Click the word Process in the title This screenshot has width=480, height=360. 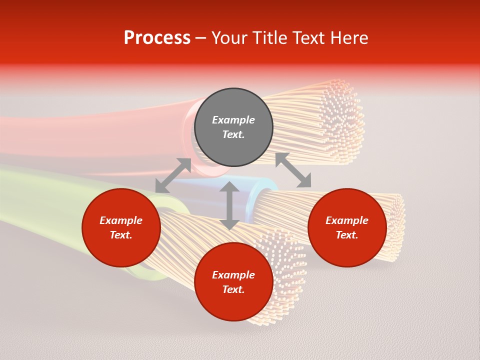point(157,37)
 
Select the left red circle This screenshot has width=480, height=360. point(121,227)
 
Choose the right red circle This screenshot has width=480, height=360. point(347,227)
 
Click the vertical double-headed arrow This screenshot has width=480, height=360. point(229,205)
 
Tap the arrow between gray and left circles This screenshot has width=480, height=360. point(173,175)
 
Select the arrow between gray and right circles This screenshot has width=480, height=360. point(293,170)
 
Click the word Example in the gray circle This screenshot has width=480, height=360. point(233,120)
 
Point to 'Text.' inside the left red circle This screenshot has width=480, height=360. point(121,235)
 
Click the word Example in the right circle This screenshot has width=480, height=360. point(347,220)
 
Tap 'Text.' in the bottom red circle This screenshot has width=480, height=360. point(233,289)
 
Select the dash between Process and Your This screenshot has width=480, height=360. point(201,38)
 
